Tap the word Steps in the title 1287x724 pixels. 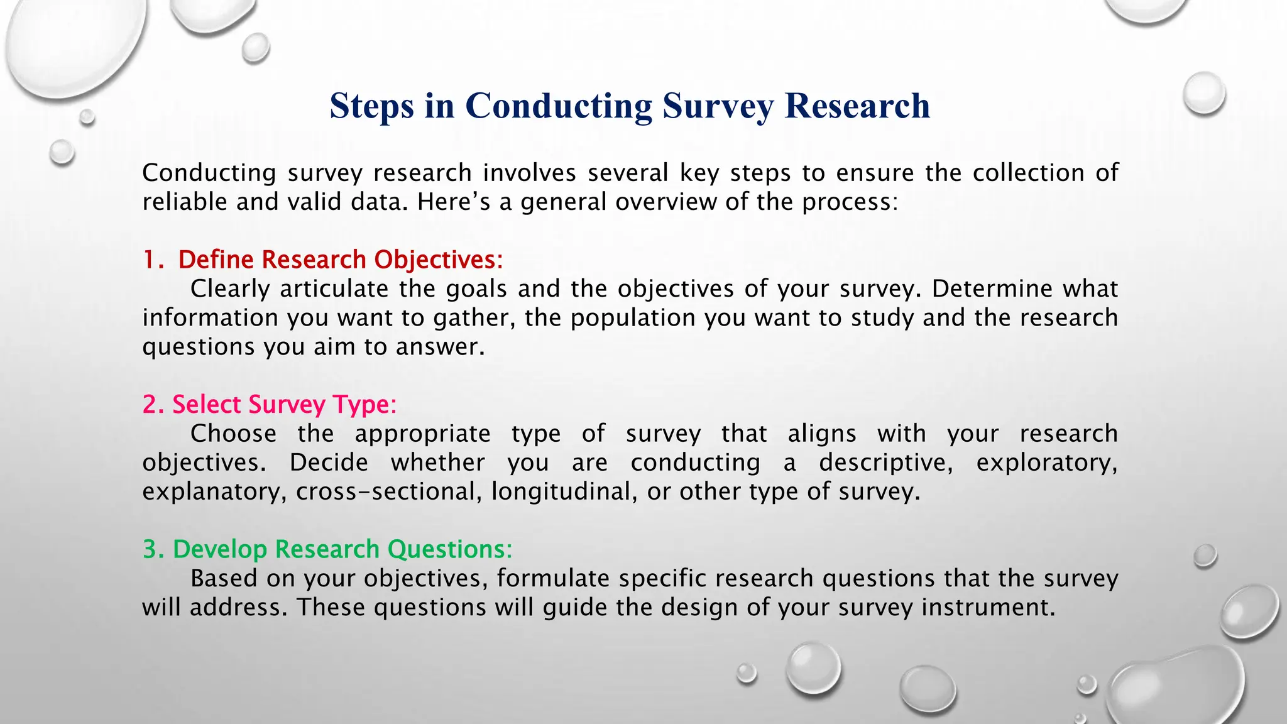point(371,106)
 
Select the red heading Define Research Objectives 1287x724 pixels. point(340,260)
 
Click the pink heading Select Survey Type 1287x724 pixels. point(284,404)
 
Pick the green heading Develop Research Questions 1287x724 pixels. point(342,549)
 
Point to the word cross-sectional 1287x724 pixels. point(389,491)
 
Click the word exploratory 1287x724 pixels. point(1046,463)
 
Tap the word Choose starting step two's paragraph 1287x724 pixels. point(233,434)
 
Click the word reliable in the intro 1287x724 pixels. point(184,202)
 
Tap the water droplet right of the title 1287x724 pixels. point(1203,94)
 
